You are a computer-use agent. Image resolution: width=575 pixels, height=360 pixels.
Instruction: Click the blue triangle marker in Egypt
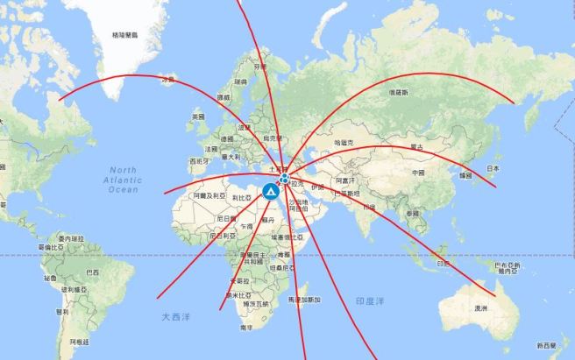click(270, 189)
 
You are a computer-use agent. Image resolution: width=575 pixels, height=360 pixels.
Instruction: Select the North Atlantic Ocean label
click(124, 179)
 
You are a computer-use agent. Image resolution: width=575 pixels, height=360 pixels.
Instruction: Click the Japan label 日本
click(493, 168)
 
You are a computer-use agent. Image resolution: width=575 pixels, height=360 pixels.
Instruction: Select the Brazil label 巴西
click(81, 272)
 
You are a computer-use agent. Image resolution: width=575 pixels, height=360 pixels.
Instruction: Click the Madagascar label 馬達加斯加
click(304, 300)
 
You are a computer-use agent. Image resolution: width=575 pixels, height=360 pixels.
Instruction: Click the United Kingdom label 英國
click(198, 116)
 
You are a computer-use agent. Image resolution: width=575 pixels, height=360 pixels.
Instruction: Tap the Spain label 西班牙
click(199, 161)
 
